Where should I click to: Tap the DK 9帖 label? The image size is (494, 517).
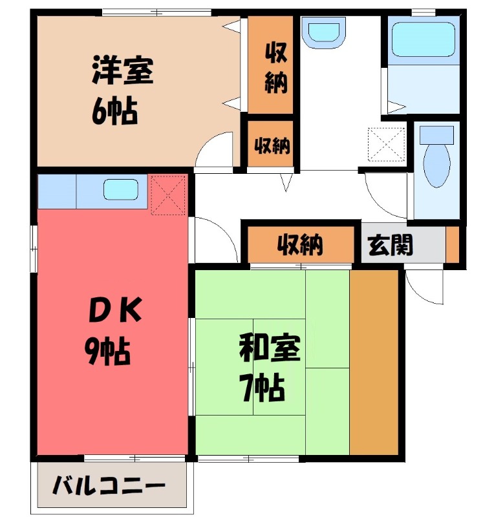click(x=114, y=333)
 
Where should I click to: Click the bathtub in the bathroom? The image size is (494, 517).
click(x=424, y=39)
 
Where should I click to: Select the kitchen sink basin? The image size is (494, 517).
click(x=121, y=190)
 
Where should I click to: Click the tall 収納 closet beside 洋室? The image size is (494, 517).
click(x=274, y=65)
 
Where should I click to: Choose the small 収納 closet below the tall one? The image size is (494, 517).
click(x=272, y=145)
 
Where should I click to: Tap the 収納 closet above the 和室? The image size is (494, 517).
click(x=301, y=245)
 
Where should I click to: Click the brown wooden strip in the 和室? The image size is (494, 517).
click(x=373, y=362)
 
